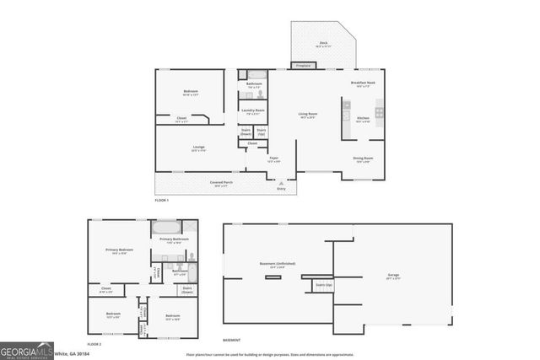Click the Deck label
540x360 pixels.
pos(323,43)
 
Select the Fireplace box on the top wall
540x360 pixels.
pos(302,65)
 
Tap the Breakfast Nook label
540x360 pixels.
pos(364,83)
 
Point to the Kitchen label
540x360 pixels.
pos(363,119)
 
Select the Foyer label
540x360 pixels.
pos(274,159)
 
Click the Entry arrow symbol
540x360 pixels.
pos(282,182)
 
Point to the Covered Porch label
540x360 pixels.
pos(222,183)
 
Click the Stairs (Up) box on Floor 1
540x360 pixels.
pos(262,132)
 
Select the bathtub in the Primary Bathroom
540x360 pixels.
pos(165,228)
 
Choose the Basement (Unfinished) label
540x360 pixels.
pos(278,265)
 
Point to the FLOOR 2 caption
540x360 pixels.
pos(95,344)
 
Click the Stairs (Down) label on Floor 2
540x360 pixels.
pos(187,291)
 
